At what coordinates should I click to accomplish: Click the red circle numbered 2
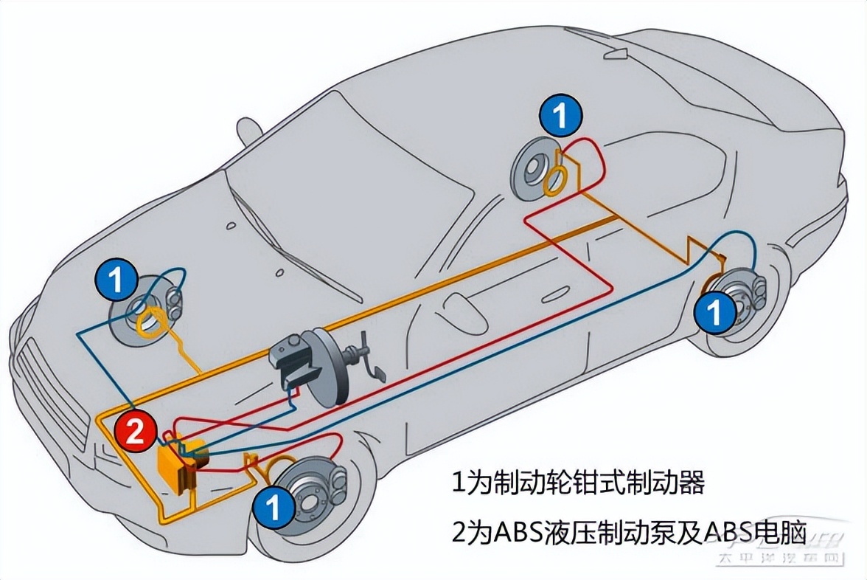[x=136, y=431]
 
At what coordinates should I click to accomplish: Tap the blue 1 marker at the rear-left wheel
[x=560, y=115]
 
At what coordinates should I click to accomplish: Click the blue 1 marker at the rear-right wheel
[x=715, y=313]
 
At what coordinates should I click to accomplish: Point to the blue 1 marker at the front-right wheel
[x=273, y=508]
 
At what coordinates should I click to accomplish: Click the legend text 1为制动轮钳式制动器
[x=578, y=483]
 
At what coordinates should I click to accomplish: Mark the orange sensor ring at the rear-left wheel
[x=554, y=179]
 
